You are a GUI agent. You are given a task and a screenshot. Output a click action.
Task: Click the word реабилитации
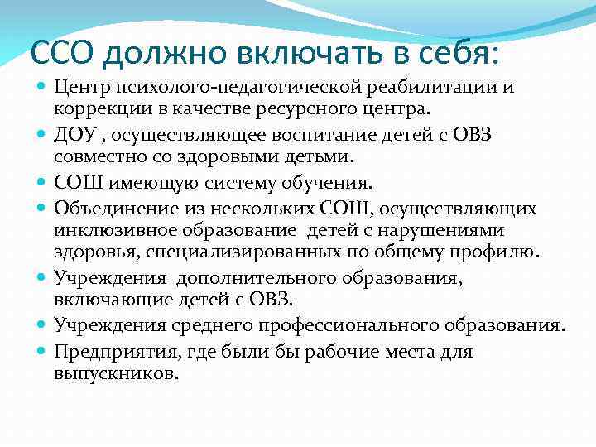[423, 86]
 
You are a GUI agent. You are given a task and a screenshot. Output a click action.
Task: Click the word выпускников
[115, 373]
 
